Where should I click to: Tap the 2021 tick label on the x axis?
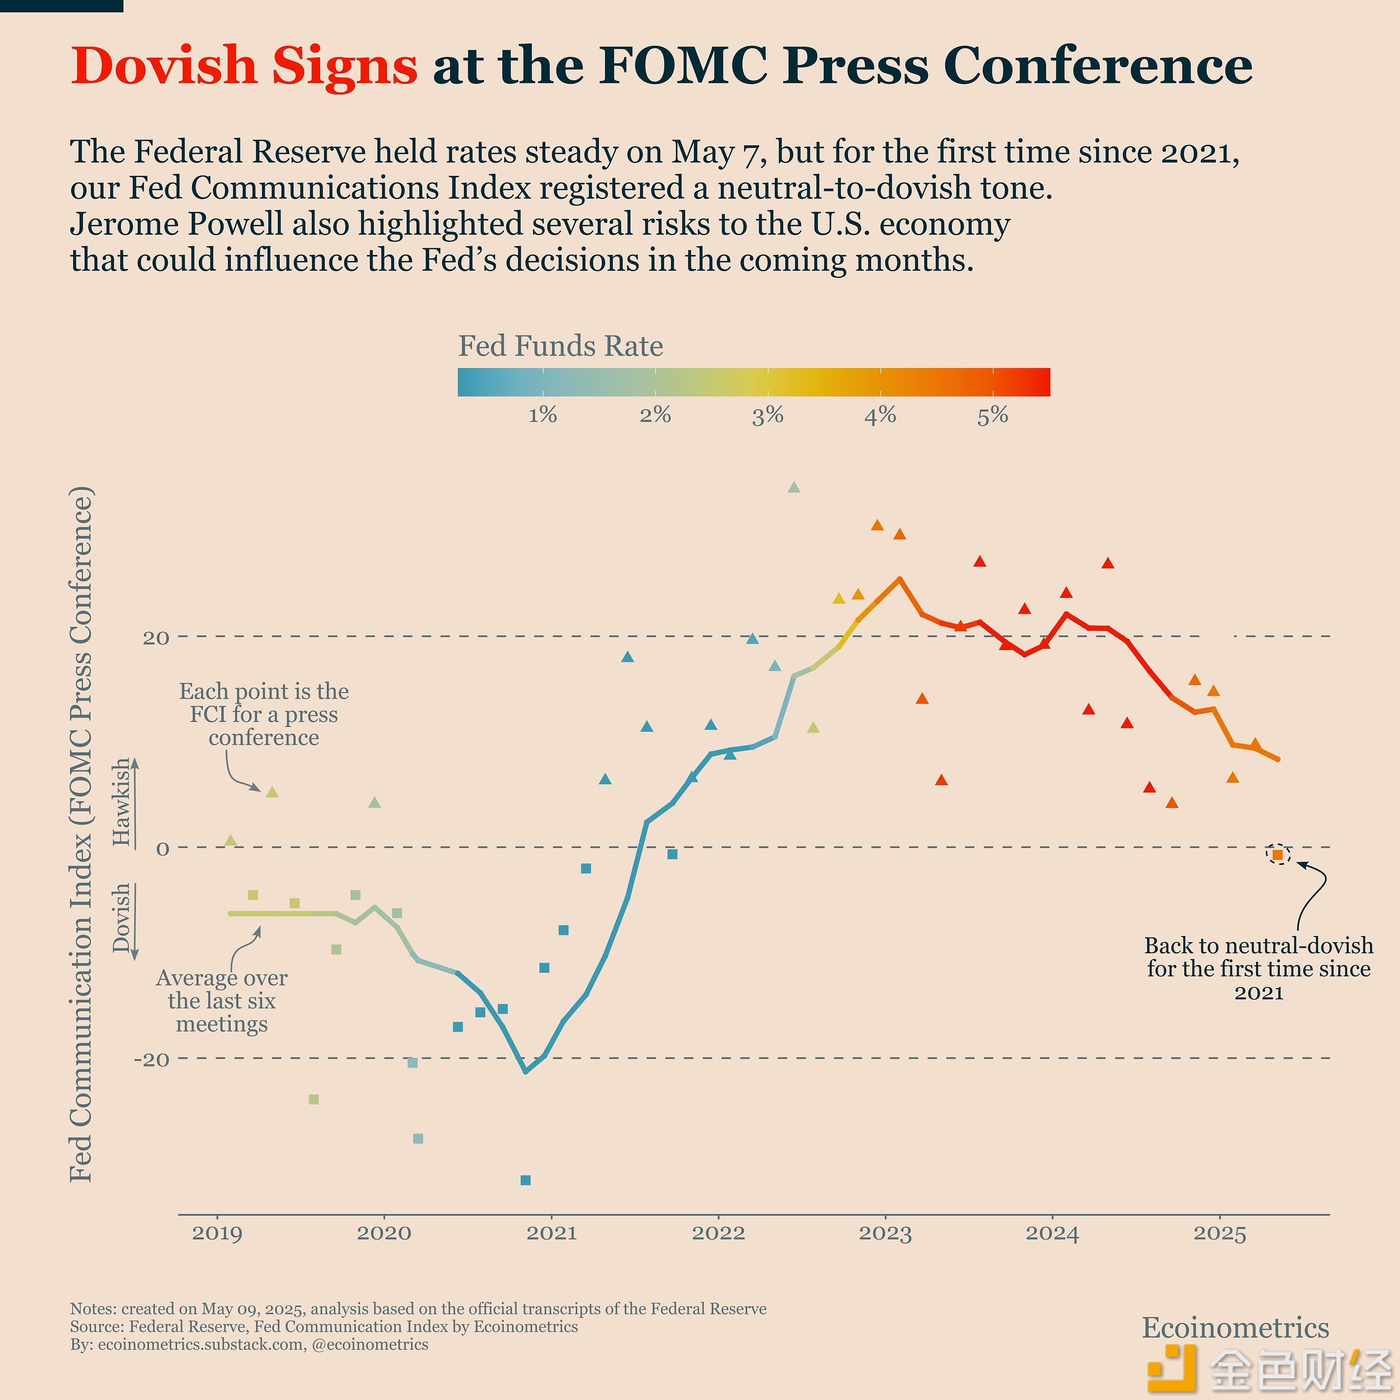click(x=552, y=1233)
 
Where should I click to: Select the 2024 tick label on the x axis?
click(x=1052, y=1233)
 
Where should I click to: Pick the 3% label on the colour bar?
click(x=767, y=415)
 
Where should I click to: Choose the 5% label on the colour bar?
click(x=993, y=415)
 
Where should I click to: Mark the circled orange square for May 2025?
click(x=1278, y=855)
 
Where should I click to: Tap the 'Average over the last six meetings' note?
click(x=222, y=1001)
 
